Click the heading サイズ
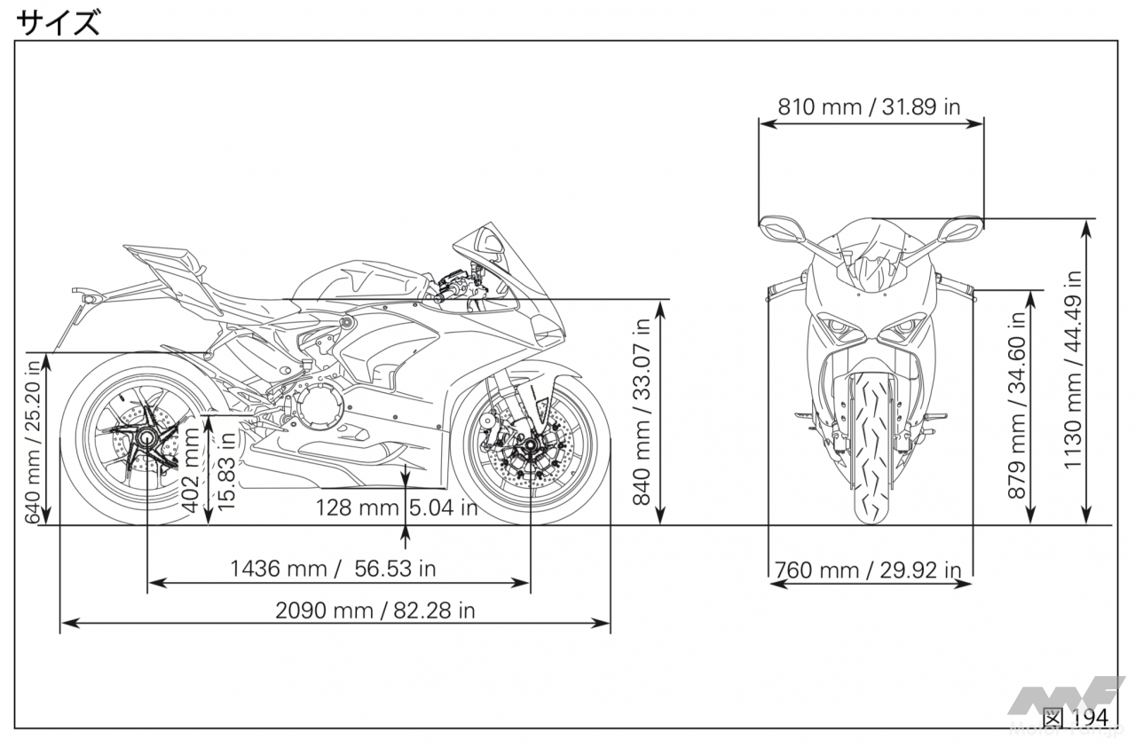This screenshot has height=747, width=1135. [x=58, y=23]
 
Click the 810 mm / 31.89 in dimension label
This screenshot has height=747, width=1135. [x=869, y=106]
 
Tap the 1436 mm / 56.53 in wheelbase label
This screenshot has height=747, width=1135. [x=333, y=568]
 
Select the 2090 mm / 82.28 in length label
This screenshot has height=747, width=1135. [x=375, y=610]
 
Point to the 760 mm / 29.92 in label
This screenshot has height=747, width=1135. [x=868, y=570]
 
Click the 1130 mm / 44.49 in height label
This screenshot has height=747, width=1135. [x=1072, y=370]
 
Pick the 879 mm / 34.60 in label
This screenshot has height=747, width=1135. [x=1016, y=405]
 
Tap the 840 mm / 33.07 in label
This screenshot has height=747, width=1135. [x=642, y=412]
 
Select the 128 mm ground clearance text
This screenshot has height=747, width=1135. [x=358, y=507]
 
